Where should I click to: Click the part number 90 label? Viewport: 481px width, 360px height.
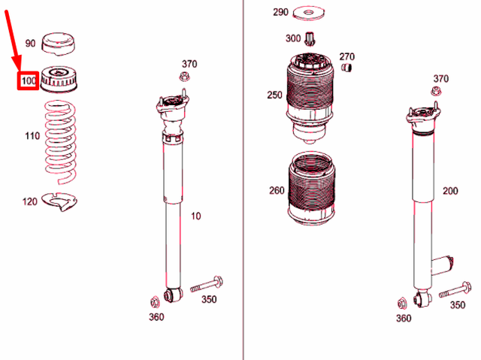(x=30, y=44)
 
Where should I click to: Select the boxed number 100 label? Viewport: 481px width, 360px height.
(x=29, y=81)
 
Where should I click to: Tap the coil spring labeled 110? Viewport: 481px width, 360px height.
(x=60, y=141)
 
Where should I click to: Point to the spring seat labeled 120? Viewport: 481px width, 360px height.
(x=59, y=201)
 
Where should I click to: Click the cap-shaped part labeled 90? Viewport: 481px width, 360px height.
(x=59, y=44)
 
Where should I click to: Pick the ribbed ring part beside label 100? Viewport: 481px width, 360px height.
(x=59, y=80)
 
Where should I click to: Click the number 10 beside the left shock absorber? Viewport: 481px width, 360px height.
(x=195, y=216)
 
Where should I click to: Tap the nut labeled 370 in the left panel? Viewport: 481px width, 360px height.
(x=184, y=76)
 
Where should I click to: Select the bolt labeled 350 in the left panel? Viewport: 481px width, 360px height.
(x=207, y=284)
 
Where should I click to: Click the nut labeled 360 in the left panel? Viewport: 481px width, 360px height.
(x=155, y=302)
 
